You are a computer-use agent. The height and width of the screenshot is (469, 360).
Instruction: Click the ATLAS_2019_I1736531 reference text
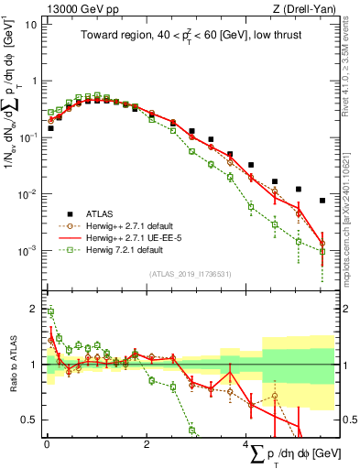click(189, 274)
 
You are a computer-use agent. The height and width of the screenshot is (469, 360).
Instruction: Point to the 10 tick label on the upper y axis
click(30, 24)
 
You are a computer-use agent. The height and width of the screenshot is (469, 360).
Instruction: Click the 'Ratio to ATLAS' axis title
click(12, 364)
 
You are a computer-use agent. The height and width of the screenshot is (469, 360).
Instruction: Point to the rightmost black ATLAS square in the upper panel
click(322, 201)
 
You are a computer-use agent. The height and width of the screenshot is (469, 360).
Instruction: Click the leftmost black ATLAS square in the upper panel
click(50, 128)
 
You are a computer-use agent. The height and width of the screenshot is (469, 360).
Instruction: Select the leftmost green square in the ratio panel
click(50, 312)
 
